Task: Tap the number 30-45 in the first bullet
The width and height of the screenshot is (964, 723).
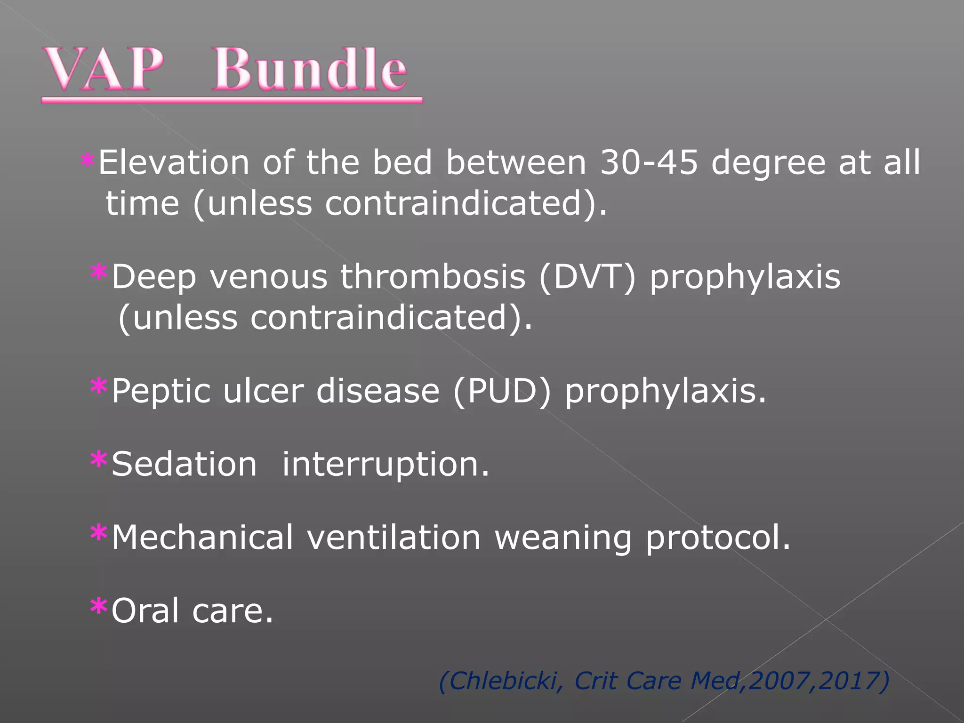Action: [649, 163]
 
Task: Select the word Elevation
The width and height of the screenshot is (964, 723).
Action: [173, 163]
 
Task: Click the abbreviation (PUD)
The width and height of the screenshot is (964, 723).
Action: [501, 391]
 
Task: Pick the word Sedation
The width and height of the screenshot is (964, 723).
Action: [184, 464]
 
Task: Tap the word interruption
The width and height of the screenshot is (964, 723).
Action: [386, 465]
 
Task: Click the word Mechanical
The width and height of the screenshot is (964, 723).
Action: [202, 538]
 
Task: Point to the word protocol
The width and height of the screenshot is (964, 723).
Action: [717, 538]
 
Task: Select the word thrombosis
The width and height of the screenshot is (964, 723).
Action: [433, 277]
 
